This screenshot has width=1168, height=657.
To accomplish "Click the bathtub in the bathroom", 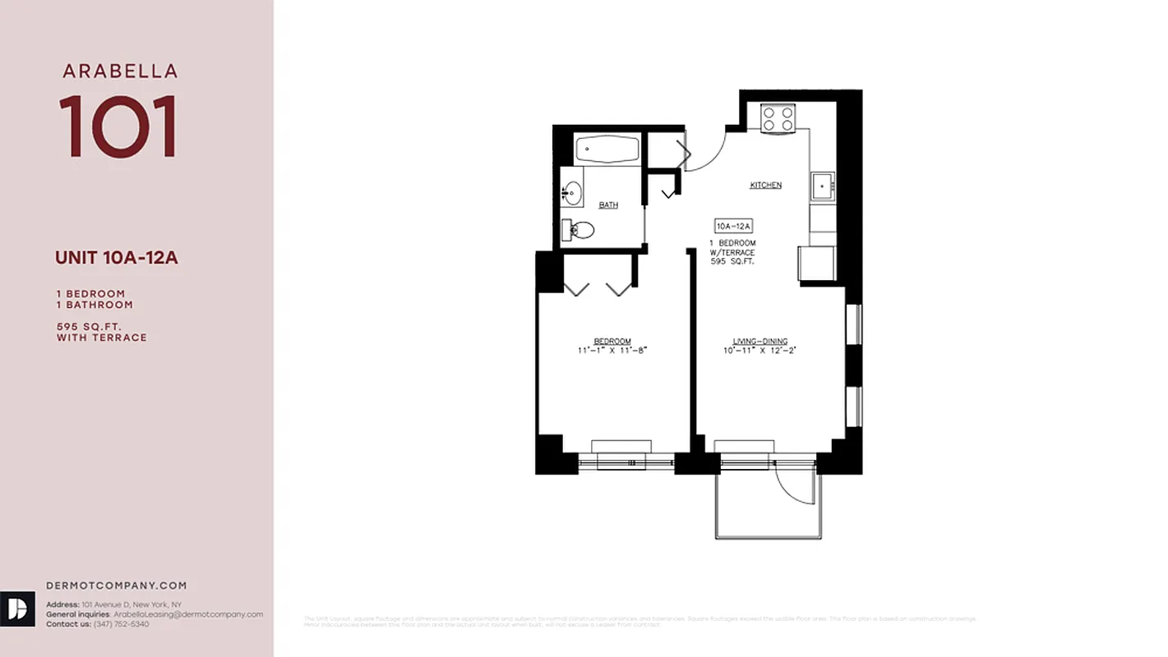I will click(607, 149).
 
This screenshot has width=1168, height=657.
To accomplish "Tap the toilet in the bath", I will click(579, 230).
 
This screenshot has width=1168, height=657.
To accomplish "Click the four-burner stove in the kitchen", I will click(777, 119).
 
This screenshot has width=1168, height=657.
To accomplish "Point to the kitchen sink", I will click(821, 186).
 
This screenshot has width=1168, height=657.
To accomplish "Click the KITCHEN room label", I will click(765, 186).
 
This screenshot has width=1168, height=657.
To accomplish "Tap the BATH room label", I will click(608, 205).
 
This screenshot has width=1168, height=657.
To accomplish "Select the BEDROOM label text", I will click(612, 342).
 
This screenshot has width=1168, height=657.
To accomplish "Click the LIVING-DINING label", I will click(760, 342).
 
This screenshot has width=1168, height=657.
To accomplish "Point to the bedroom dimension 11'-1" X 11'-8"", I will click(612, 351).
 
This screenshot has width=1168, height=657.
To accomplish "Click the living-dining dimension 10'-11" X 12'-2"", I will click(760, 351).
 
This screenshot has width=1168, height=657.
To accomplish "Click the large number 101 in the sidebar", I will click(118, 126).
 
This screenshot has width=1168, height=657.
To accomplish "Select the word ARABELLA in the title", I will click(120, 71).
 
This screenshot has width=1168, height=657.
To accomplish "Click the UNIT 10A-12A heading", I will click(117, 258).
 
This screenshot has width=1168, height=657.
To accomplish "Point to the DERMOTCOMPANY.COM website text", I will click(117, 586).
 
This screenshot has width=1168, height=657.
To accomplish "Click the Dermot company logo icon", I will click(17, 609).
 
